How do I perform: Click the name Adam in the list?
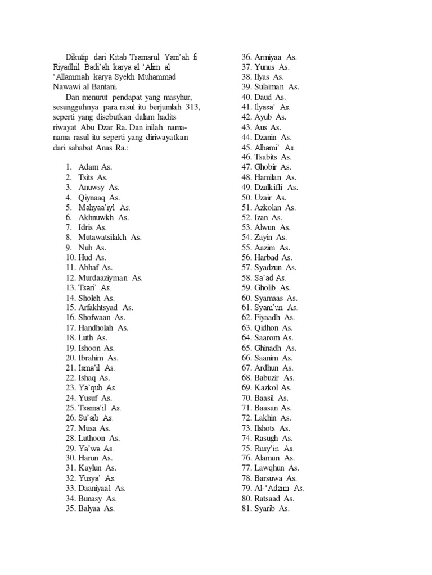point(89,167)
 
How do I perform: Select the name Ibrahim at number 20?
point(92,358)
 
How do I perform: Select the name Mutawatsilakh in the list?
point(103,237)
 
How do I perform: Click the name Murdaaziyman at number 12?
point(103,277)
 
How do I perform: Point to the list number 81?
point(246,508)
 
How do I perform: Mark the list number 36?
point(246,57)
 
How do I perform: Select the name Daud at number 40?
point(263,97)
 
